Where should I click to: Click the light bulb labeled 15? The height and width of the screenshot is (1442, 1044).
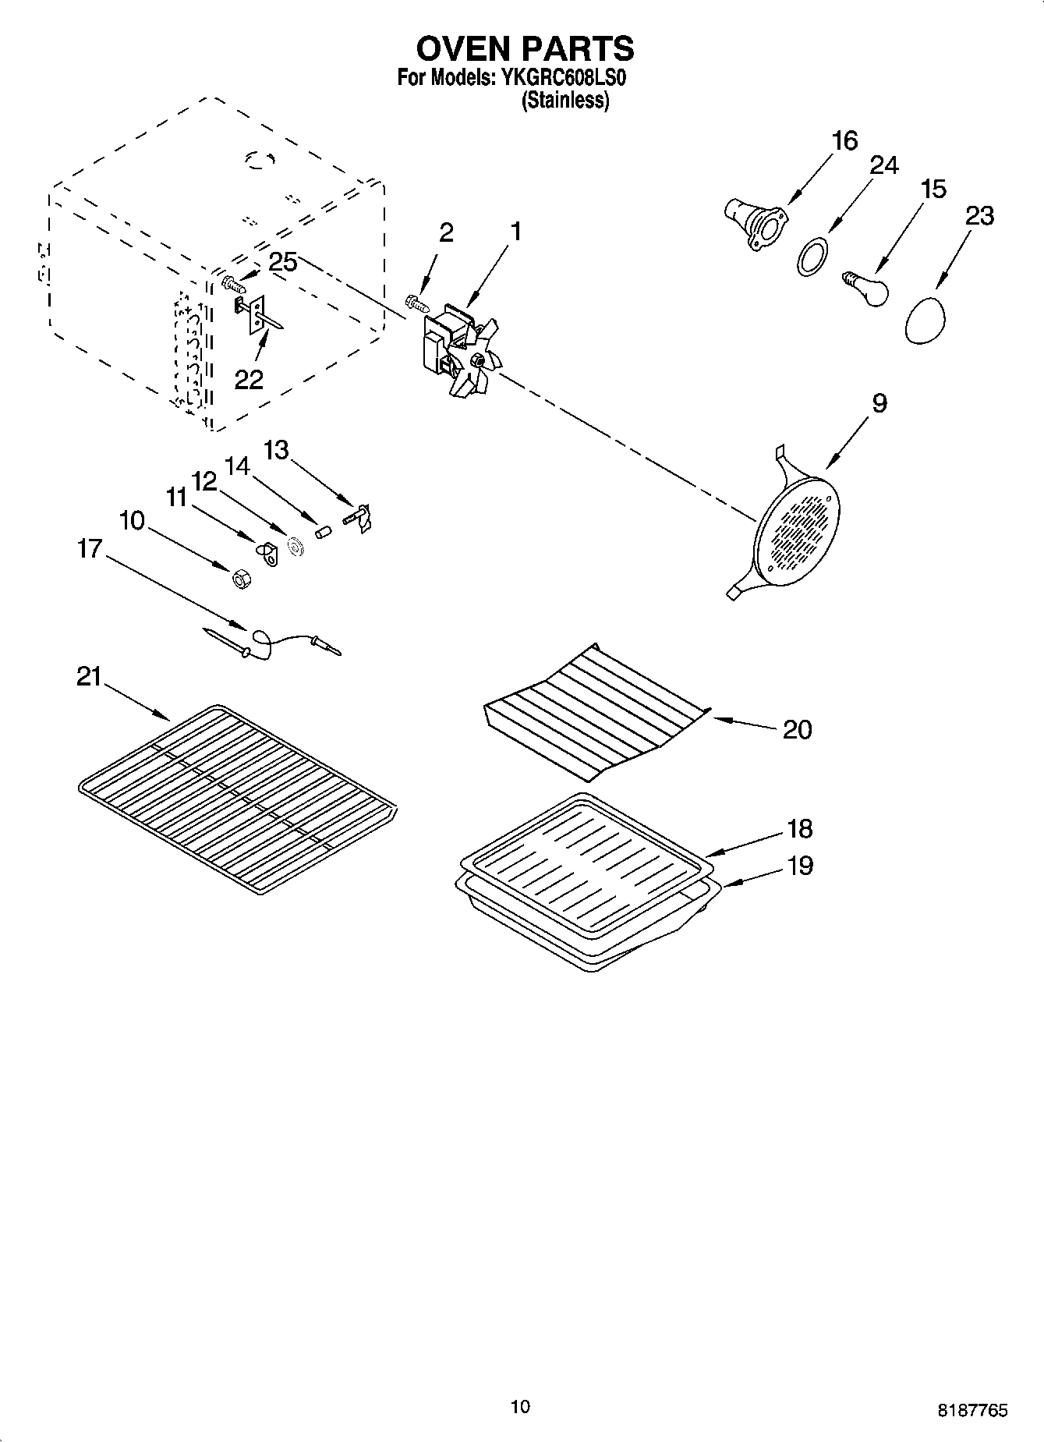point(867,287)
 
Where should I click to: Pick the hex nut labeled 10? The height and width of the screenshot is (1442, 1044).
point(240,579)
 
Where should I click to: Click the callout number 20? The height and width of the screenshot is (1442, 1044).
point(797,730)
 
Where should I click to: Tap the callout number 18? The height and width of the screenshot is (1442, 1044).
point(799,828)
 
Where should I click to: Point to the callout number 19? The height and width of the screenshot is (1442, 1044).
point(799,865)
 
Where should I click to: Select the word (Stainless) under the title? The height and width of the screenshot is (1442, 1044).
point(564,101)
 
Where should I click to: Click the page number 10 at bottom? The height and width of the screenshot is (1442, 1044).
point(520,1407)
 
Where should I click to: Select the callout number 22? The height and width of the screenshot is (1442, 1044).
point(249,379)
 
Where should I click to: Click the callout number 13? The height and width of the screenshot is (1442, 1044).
point(276,450)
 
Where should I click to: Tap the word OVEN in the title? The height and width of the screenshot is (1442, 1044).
point(463,48)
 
